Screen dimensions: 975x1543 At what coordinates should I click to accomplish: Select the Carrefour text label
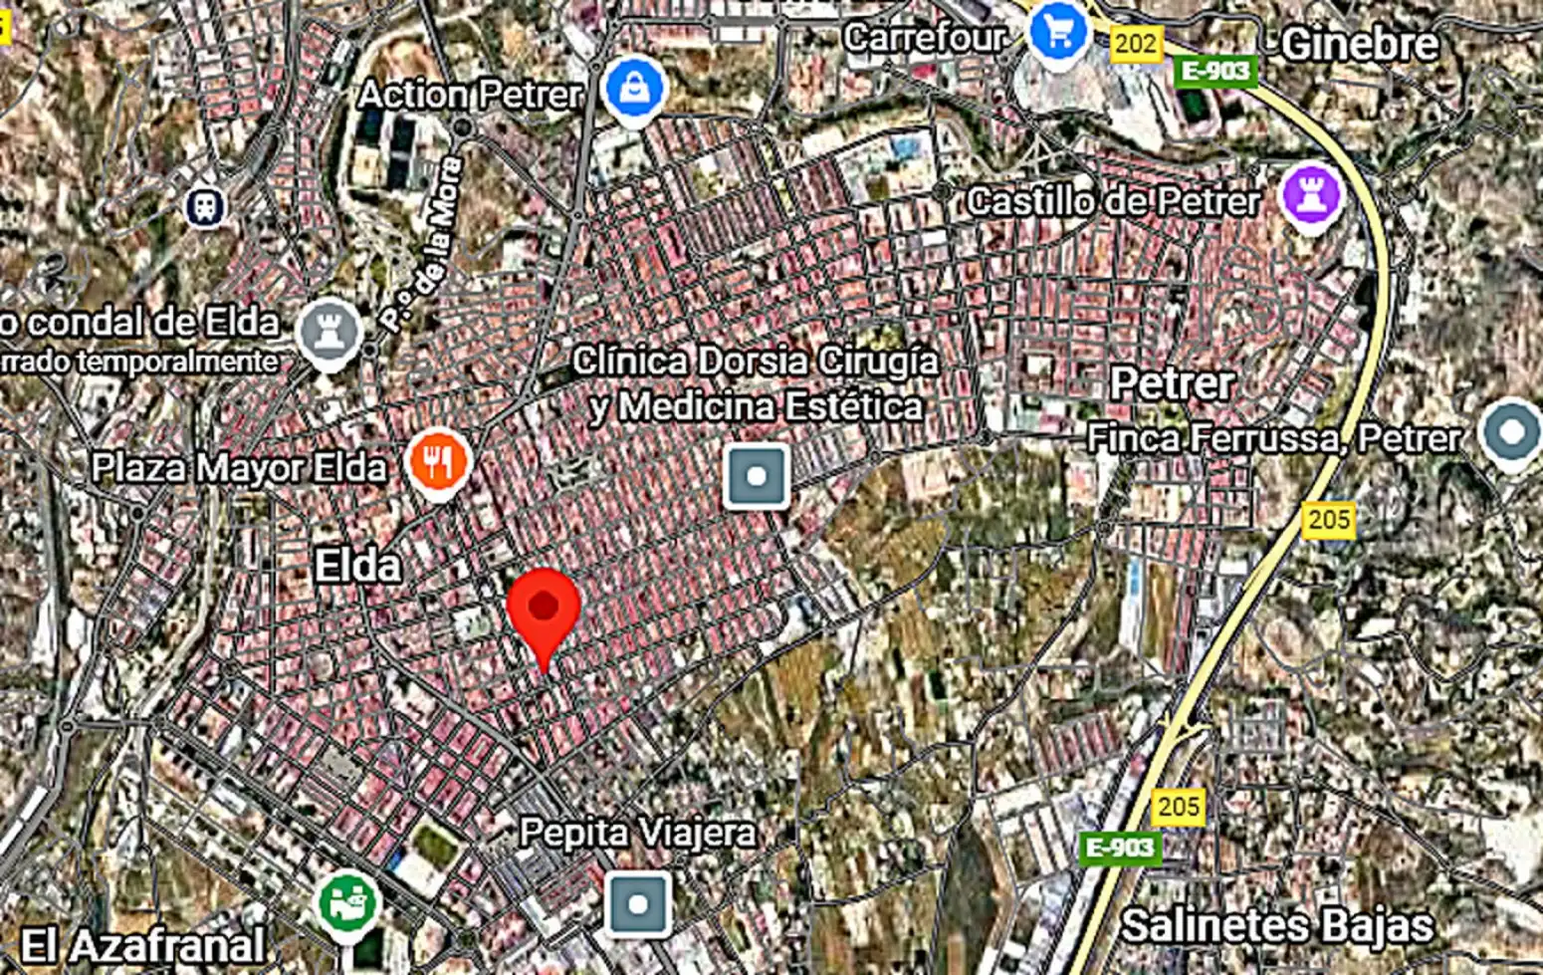pos(925,38)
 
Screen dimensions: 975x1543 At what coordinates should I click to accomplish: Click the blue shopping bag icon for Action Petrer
pos(634,89)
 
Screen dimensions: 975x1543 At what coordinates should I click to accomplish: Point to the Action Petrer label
pos(470,95)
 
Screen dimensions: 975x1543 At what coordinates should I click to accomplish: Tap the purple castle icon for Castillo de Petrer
pos(1311,195)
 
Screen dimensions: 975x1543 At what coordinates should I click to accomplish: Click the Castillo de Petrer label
pos(1113,202)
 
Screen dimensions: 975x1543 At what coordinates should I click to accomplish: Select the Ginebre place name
pos(1359,44)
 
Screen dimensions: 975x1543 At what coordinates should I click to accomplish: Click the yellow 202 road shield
pos(1136,44)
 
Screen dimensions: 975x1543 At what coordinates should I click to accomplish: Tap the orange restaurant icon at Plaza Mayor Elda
pos(438,461)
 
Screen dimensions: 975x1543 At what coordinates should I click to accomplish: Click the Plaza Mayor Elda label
pos(239,467)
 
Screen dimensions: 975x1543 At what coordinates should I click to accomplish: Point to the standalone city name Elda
pos(357,567)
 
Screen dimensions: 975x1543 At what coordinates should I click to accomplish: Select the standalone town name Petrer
pos(1172,383)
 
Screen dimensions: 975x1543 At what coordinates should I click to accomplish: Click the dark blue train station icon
pos(206,206)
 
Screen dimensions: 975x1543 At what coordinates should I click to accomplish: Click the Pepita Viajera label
pos(638,833)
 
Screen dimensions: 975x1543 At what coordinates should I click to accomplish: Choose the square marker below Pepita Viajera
pos(638,904)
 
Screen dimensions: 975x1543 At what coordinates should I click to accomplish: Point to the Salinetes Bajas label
pos(1277,926)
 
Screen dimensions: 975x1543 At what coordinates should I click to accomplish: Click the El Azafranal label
pos(142,945)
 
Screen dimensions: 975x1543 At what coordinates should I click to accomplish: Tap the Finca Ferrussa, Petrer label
pos(1274,438)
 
